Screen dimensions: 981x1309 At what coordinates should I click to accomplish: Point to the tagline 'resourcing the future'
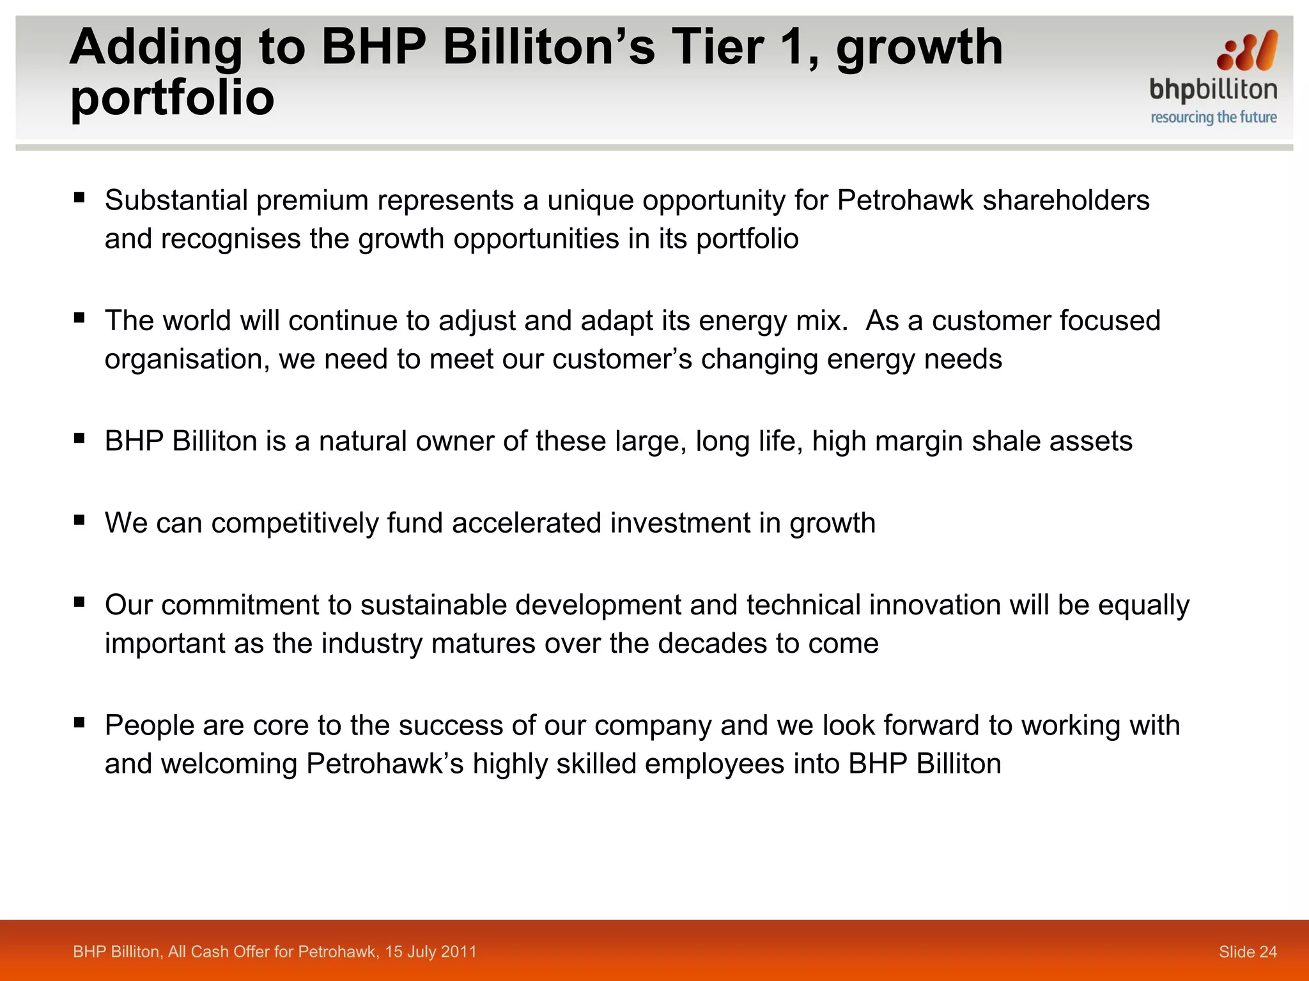1213,118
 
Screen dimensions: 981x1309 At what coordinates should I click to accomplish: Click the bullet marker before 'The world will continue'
79,317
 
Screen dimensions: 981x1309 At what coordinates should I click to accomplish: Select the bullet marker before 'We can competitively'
79,520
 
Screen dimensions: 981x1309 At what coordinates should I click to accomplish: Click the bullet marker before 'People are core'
79,722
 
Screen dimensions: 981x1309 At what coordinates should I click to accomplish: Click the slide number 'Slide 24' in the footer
1247,952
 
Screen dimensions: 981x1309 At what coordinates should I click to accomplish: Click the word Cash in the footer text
210,952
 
